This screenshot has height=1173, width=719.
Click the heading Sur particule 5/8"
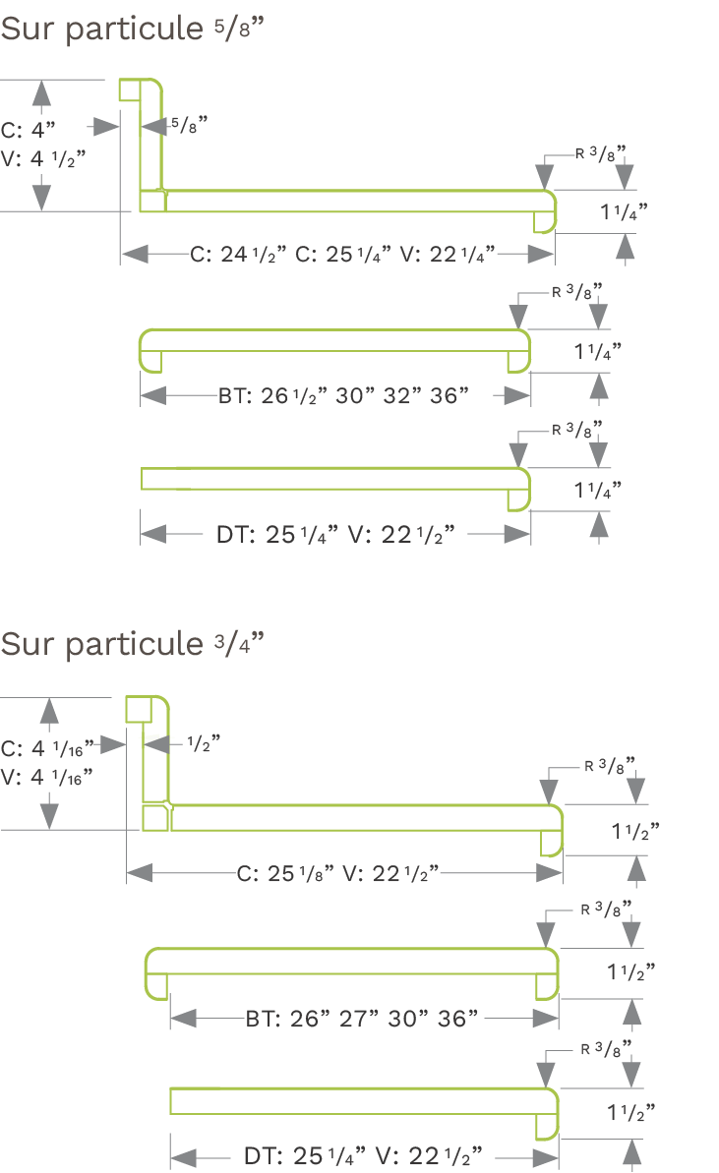133,29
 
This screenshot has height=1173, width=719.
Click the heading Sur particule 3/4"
133,643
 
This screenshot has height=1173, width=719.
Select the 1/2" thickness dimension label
203,742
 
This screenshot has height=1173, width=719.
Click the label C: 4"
29,130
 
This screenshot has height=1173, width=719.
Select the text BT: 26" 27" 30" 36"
361,1019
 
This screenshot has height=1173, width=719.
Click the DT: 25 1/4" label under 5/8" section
335,535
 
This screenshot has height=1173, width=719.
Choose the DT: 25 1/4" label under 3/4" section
363,1156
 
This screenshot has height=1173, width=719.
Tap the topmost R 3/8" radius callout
601,153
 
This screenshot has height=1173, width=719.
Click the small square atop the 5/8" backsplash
128,89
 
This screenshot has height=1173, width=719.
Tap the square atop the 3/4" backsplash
139,708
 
